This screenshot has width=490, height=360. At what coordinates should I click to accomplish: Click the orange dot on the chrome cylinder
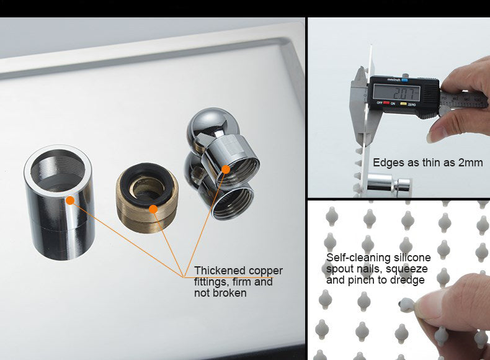click(x=70, y=200)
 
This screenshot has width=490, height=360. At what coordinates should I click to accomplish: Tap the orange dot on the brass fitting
click(x=153, y=209)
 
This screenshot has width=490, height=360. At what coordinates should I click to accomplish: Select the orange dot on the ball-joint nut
click(x=226, y=169)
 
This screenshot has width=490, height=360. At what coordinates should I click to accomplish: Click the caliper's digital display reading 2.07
click(x=396, y=92)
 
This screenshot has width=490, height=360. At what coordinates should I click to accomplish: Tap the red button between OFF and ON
click(x=386, y=103)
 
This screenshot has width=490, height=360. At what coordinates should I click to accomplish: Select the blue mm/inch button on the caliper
click(x=404, y=80)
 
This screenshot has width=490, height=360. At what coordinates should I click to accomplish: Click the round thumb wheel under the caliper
click(x=444, y=110)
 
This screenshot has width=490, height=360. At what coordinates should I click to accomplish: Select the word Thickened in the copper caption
click(x=220, y=271)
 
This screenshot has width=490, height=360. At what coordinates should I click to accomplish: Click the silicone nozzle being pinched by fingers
click(x=407, y=304)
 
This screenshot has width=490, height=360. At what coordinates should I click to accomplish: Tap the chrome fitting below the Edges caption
click(x=390, y=184)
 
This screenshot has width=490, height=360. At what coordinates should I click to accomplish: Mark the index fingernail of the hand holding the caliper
click(x=435, y=135)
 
